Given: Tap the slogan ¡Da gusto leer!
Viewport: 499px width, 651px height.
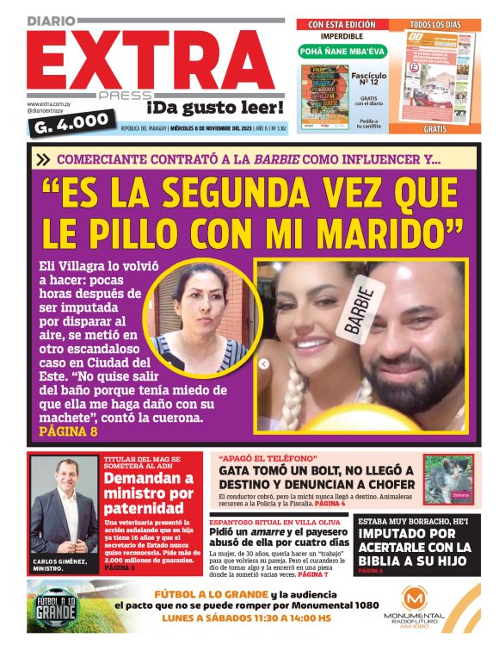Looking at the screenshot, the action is pyautogui.click(x=214, y=108).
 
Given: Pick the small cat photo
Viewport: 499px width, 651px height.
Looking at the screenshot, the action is pyautogui.click(x=447, y=479).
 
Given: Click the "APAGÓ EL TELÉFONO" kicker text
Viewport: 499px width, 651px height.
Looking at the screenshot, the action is pyautogui.click(x=268, y=458).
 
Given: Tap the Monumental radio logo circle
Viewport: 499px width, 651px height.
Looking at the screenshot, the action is pyautogui.click(x=415, y=599).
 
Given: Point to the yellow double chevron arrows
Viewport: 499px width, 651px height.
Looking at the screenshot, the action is pyautogui.click(x=43, y=158).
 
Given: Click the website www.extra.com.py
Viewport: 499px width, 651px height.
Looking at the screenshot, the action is pyautogui.click(x=49, y=103).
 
